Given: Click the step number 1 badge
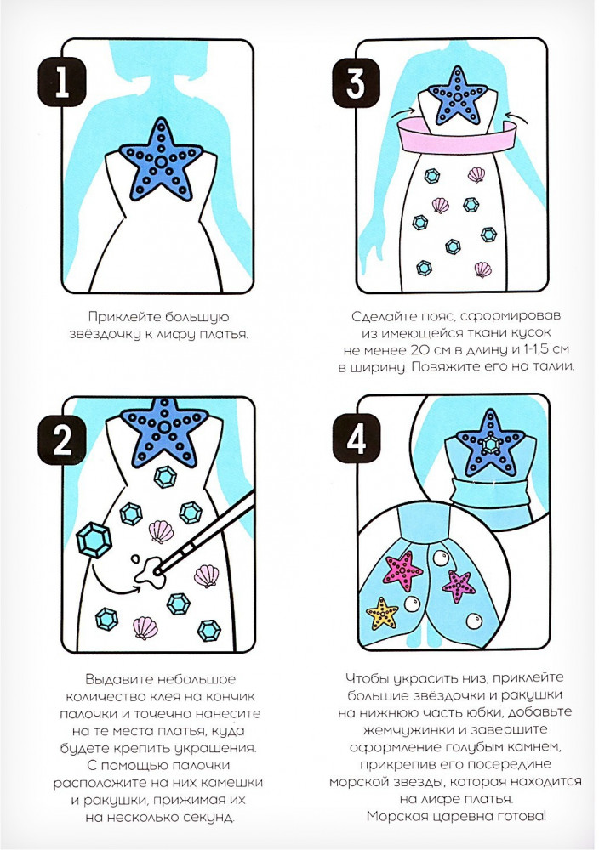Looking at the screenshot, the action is point(62,82).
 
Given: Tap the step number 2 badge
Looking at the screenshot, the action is point(62,440).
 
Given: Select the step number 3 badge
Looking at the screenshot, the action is point(356,82).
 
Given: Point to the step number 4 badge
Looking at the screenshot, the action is point(356,439).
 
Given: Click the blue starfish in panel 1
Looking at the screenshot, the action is point(161,161).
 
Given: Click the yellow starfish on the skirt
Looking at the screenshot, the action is point(383,614).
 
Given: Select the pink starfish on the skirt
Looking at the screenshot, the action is point(403,570).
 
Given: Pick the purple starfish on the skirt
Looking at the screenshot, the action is point(459,586).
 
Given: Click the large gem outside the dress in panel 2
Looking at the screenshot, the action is point(94,540).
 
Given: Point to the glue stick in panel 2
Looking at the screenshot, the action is point(205,532).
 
